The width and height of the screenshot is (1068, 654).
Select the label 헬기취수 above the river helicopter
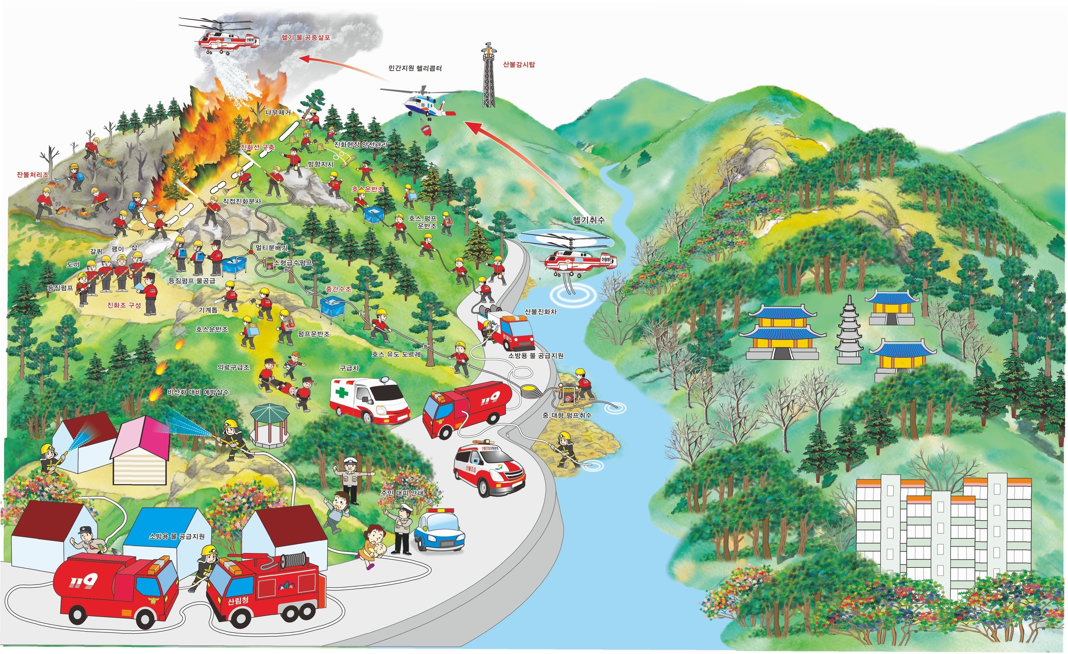(x=588, y=220)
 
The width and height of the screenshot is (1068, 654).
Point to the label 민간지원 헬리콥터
(x=415, y=68)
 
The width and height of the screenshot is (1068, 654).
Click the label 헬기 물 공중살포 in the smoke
(x=306, y=38)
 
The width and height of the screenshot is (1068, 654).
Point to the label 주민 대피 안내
(x=402, y=493)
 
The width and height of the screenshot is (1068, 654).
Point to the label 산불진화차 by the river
(x=540, y=311)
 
